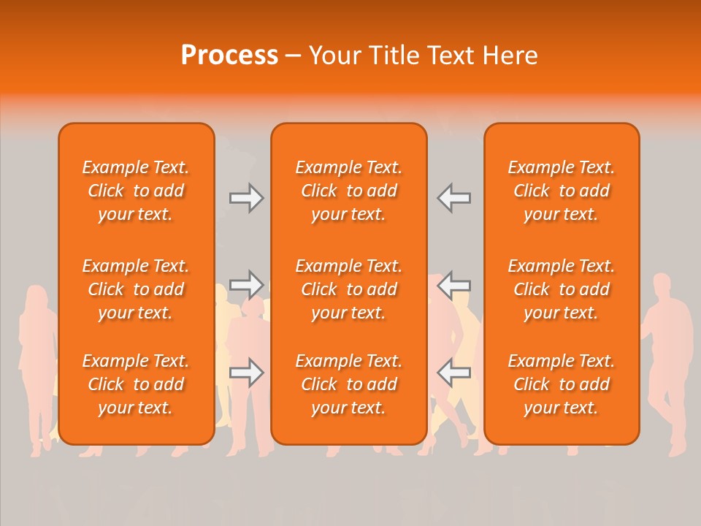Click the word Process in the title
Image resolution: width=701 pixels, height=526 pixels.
229,56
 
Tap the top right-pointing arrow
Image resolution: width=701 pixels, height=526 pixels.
247,198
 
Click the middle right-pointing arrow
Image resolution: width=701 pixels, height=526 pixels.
247,285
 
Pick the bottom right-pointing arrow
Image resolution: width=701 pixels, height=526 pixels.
247,373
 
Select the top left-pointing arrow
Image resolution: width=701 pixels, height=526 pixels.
453,198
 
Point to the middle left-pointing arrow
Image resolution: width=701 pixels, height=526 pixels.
453,285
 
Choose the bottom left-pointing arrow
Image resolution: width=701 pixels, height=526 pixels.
453,373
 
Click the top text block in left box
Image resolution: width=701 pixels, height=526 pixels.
136,191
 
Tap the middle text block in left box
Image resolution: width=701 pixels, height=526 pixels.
136,289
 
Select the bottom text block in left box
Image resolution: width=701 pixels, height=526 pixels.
136,384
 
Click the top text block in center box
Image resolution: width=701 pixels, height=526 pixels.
348,191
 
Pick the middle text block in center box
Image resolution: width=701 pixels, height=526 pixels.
348,289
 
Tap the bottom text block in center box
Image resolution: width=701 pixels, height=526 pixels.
348,384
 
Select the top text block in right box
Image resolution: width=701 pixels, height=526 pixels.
561,191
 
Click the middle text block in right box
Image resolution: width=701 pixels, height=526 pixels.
561,289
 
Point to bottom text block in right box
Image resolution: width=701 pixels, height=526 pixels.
561,384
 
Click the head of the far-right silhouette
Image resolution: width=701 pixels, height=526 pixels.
662,285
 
